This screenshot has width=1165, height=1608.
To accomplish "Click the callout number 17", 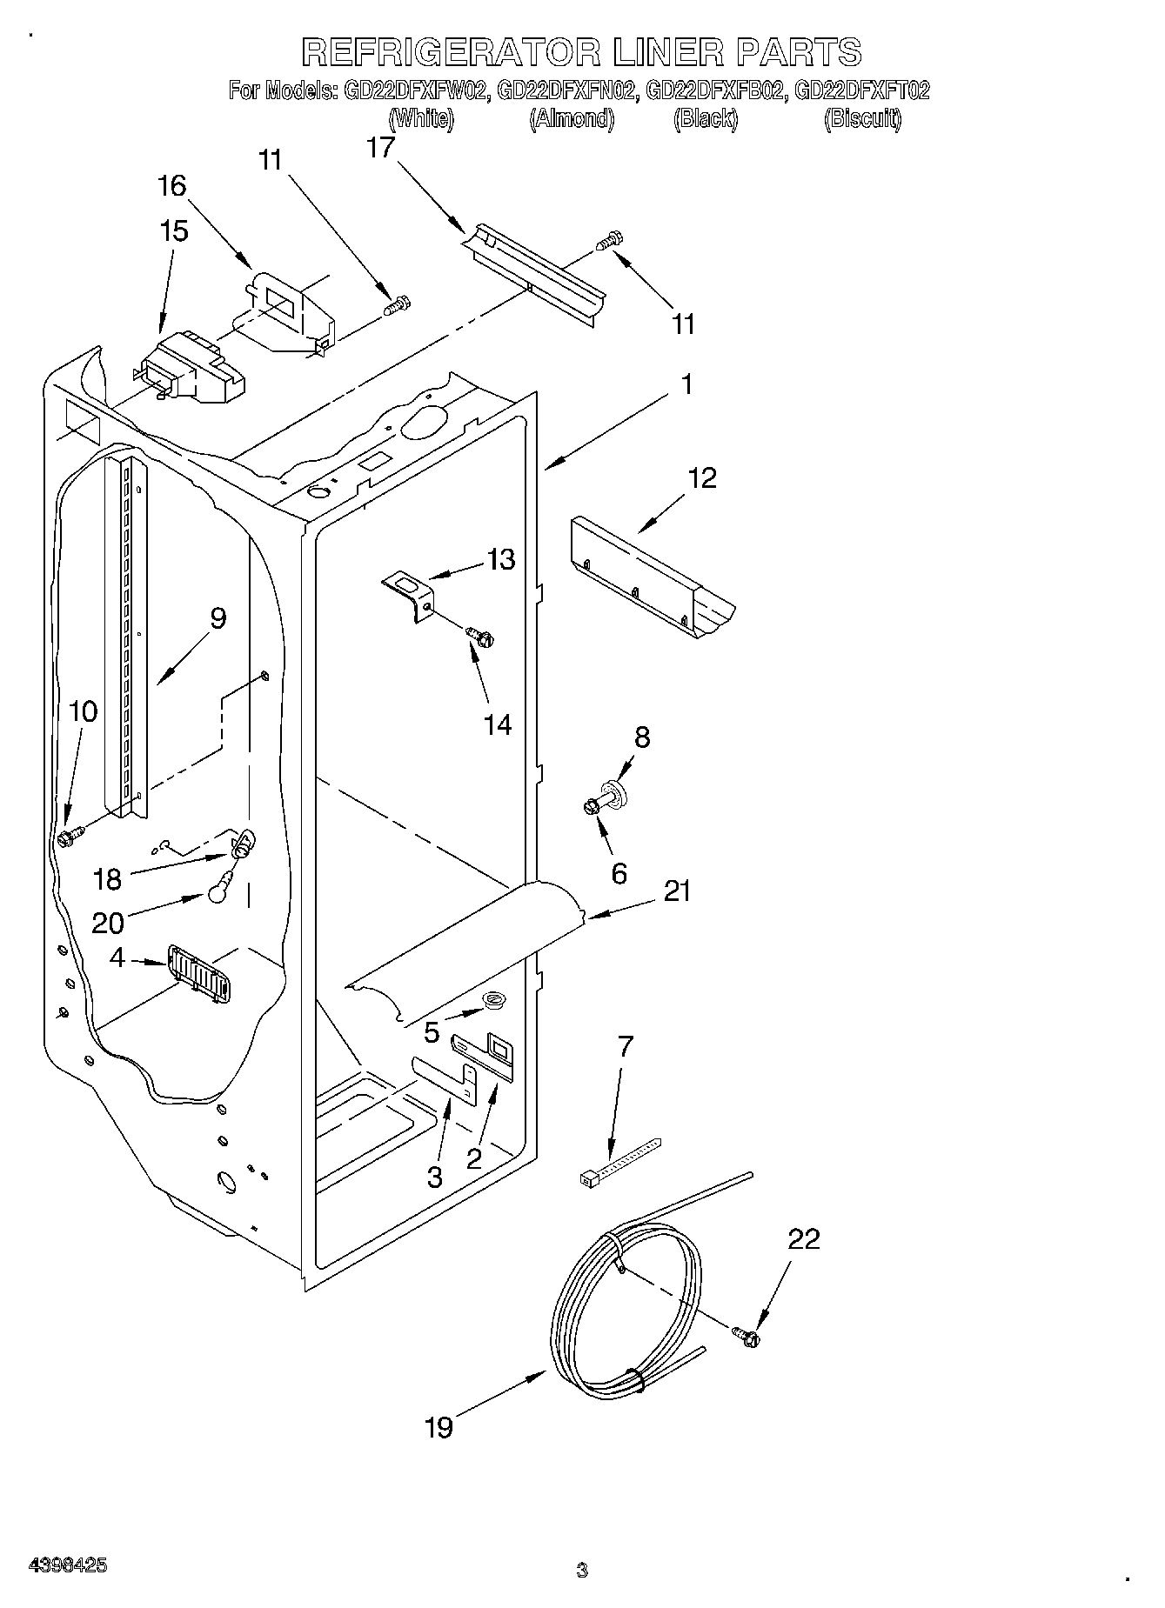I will point(380,148).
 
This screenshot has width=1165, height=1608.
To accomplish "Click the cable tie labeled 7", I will point(619,1159).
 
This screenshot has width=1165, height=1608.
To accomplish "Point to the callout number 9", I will point(218,619).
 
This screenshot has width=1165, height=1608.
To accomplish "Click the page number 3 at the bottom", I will point(582,1571).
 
